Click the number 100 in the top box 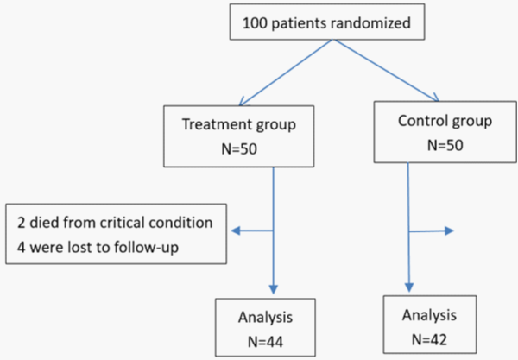[255, 23]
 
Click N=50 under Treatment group [239, 149]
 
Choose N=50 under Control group [445, 145]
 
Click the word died [45, 223]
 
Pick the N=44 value [265, 342]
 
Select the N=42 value [429, 339]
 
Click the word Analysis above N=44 [265, 318]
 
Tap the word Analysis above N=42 [429, 315]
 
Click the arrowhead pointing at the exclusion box [236, 231]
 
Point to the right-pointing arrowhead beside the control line [449, 231]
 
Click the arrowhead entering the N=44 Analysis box [273, 289]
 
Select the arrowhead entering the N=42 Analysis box [409, 287]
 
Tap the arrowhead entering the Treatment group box [242, 101]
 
